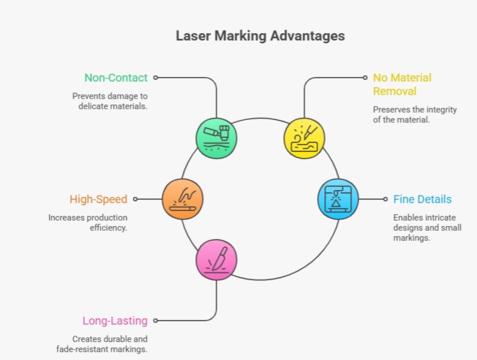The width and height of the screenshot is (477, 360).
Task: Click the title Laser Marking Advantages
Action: tap(260, 36)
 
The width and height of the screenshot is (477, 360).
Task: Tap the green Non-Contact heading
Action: tap(116, 78)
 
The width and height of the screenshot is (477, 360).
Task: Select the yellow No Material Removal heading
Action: tap(402, 84)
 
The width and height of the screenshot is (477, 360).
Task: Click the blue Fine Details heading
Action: tap(422, 199)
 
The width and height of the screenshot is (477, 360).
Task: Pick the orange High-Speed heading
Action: tap(98, 199)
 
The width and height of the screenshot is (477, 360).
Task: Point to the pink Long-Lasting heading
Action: tap(115, 321)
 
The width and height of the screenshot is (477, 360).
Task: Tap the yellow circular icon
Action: tap(304, 138)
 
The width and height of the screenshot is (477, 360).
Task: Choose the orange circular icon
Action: tap(182, 199)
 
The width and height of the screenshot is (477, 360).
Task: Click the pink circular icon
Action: tap(217, 260)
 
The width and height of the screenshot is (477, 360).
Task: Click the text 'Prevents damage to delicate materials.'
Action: tap(110, 101)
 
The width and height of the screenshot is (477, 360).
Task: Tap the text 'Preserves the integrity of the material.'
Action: tap(415, 115)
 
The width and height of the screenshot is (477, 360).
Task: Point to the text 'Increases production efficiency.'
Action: tap(88, 223)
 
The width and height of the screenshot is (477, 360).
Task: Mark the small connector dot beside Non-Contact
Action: tap(156, 78)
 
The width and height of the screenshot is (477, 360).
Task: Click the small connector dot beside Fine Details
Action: tap(385, 199)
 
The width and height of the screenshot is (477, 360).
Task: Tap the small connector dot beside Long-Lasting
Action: tap(156, 321)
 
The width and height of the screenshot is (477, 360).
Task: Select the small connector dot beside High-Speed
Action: tap(136, 199)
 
